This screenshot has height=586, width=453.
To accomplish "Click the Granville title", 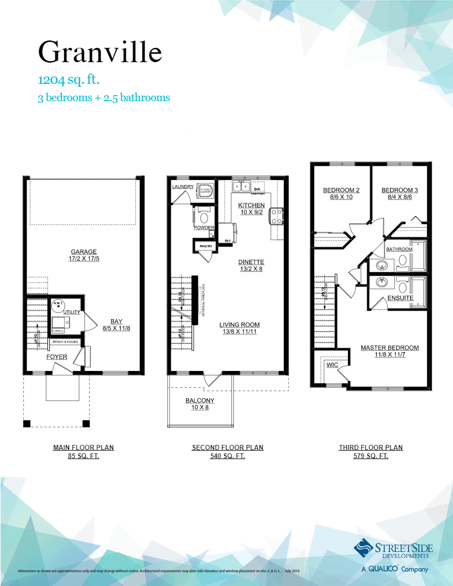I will tap(100, 52).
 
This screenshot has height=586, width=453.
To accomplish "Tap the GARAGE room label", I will tap(84, 252).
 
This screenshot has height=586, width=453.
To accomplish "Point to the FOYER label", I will tap(57, 357).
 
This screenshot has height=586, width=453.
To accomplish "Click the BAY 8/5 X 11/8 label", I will tap(116, 324).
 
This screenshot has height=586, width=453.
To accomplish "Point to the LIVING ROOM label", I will tap(240, 325).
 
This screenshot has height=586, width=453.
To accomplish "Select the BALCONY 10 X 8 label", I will tap(200, 404).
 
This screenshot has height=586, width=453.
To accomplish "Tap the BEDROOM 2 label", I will tap(341, 190).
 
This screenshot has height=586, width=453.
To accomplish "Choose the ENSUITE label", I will tap(400, 298).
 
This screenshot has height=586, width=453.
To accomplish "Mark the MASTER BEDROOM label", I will tap(390, 348).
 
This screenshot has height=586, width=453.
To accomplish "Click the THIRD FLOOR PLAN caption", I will tap(371, 447).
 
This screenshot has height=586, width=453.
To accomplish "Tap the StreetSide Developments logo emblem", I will tap(364, 548).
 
